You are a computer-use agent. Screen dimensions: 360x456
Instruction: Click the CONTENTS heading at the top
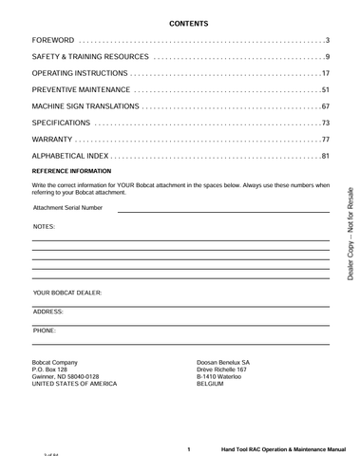pos(188,21)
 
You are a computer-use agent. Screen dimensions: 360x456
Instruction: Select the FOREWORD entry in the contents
pos(53,41)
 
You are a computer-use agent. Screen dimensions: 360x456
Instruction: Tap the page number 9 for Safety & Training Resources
pos(327,58)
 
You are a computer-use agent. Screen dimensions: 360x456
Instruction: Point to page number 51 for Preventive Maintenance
pos(325,89)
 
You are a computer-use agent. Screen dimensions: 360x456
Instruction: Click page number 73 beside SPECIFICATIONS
pos(325,123)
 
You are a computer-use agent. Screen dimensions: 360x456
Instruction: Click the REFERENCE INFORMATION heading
pos(71,171)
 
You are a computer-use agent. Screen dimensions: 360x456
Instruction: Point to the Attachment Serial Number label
pos(67,207)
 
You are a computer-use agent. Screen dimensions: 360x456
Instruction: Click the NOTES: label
pos(44,227)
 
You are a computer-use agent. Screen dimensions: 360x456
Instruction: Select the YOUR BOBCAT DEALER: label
pos(66,294)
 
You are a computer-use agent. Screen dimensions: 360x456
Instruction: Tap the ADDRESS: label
pos(47,312)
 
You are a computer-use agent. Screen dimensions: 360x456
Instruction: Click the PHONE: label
pos(44,330)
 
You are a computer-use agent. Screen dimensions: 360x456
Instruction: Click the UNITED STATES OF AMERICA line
pos(75,384)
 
